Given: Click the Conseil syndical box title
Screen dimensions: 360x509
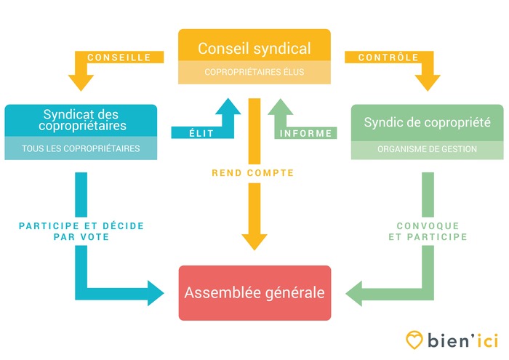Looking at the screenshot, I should [x=254, y=49].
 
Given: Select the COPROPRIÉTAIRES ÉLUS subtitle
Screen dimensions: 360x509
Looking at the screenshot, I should [x=254, y=72].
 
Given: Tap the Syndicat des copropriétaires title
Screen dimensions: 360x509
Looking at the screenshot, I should [x=80, y=120].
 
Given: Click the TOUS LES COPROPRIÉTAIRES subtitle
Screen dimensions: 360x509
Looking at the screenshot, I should [x=80, y=148].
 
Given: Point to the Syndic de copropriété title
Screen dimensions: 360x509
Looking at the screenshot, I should [x=427, y=122].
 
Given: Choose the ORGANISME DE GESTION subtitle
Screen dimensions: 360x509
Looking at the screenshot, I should [x=427, y=150].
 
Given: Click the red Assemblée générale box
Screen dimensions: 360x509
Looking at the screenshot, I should [x=254, y=293].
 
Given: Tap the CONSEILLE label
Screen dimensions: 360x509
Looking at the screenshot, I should [x=119, y=57].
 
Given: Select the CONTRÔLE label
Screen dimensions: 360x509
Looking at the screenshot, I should [x=388, y=57].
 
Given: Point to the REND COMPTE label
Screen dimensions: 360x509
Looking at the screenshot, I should [x=253, y=173].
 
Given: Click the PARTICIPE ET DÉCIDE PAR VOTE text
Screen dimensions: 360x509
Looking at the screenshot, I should [x=81, y=231].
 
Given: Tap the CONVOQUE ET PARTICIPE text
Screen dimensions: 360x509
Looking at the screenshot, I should [x=427, y=231].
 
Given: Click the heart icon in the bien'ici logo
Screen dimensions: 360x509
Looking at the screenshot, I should [x=414, y=340].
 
